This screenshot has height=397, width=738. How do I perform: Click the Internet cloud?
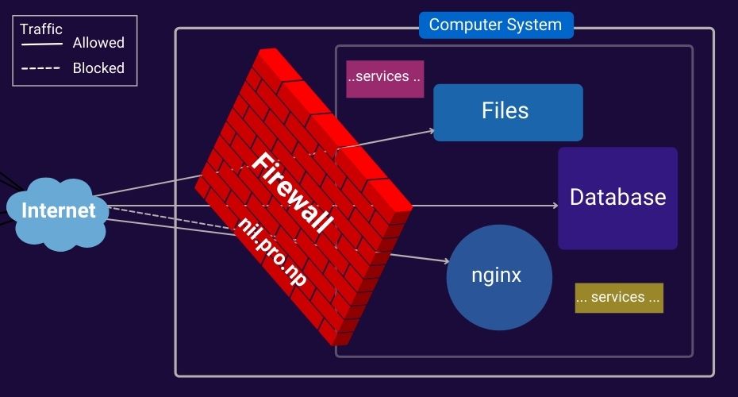pos(57,211)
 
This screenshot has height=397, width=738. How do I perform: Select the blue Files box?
pos(508,112)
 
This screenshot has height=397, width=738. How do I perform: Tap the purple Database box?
pos(617,198)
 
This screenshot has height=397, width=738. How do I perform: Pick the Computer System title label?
pos(495,25)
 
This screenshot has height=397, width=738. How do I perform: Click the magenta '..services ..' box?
pos(385,78)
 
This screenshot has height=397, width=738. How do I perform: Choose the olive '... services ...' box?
pos(618,298)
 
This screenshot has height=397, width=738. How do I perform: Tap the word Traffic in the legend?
pos(41,29)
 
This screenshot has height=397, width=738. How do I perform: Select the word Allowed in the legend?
pos(98,43)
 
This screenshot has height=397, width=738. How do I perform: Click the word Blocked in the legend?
pos(98,68)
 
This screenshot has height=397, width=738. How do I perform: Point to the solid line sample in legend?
pos(41,44)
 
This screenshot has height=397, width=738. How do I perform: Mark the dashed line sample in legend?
pos(41,69)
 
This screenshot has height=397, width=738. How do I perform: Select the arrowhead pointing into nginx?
pos(446,260)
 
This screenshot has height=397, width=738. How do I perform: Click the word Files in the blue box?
pos(505,110)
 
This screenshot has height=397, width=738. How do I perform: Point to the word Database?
pos(617,197)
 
